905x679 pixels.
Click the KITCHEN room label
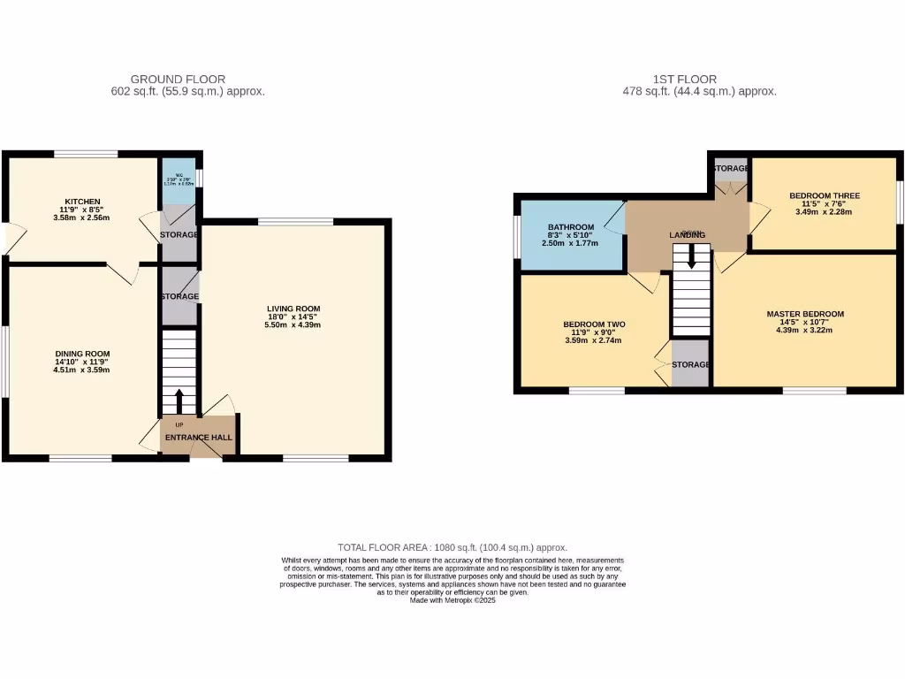tap(80, 201)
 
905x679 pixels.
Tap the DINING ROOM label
tap(80, 353)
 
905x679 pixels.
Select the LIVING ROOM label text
tap(293, 308)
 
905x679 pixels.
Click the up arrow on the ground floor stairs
tap(180, 402)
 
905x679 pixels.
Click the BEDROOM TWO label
tap(594, 324)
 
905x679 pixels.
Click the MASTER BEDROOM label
tap(804, 314)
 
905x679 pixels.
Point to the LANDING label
tap(686, 234)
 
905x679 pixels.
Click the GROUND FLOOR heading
tap(178, 79)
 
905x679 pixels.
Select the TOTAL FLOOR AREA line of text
tap(452, 547)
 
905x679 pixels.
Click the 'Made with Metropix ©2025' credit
tap(452, 600)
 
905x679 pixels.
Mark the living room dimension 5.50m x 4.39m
tap(293, 324)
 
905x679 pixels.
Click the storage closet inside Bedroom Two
tap(689, 363)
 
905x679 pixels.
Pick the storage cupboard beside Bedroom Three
tap(730, 168)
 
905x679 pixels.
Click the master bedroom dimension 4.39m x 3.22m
tap(804, 331)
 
